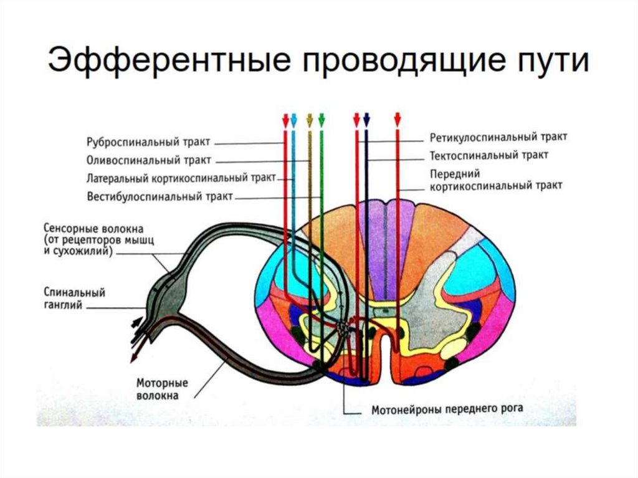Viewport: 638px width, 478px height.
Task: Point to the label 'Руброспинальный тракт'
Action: pos(149,141)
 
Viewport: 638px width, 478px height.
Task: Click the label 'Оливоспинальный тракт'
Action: pos(149,160)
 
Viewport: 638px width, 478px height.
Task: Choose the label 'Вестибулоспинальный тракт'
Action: pos(159,197)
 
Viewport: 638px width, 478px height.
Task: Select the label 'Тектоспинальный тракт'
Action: pos(489,155)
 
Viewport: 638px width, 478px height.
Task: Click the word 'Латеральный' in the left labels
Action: pos(117,178)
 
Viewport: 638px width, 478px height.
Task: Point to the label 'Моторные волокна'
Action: pos(162,389)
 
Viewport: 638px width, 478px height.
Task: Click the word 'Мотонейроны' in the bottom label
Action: pos(405,410)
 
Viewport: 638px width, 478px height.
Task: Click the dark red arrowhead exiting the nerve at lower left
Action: pos(133,358)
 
